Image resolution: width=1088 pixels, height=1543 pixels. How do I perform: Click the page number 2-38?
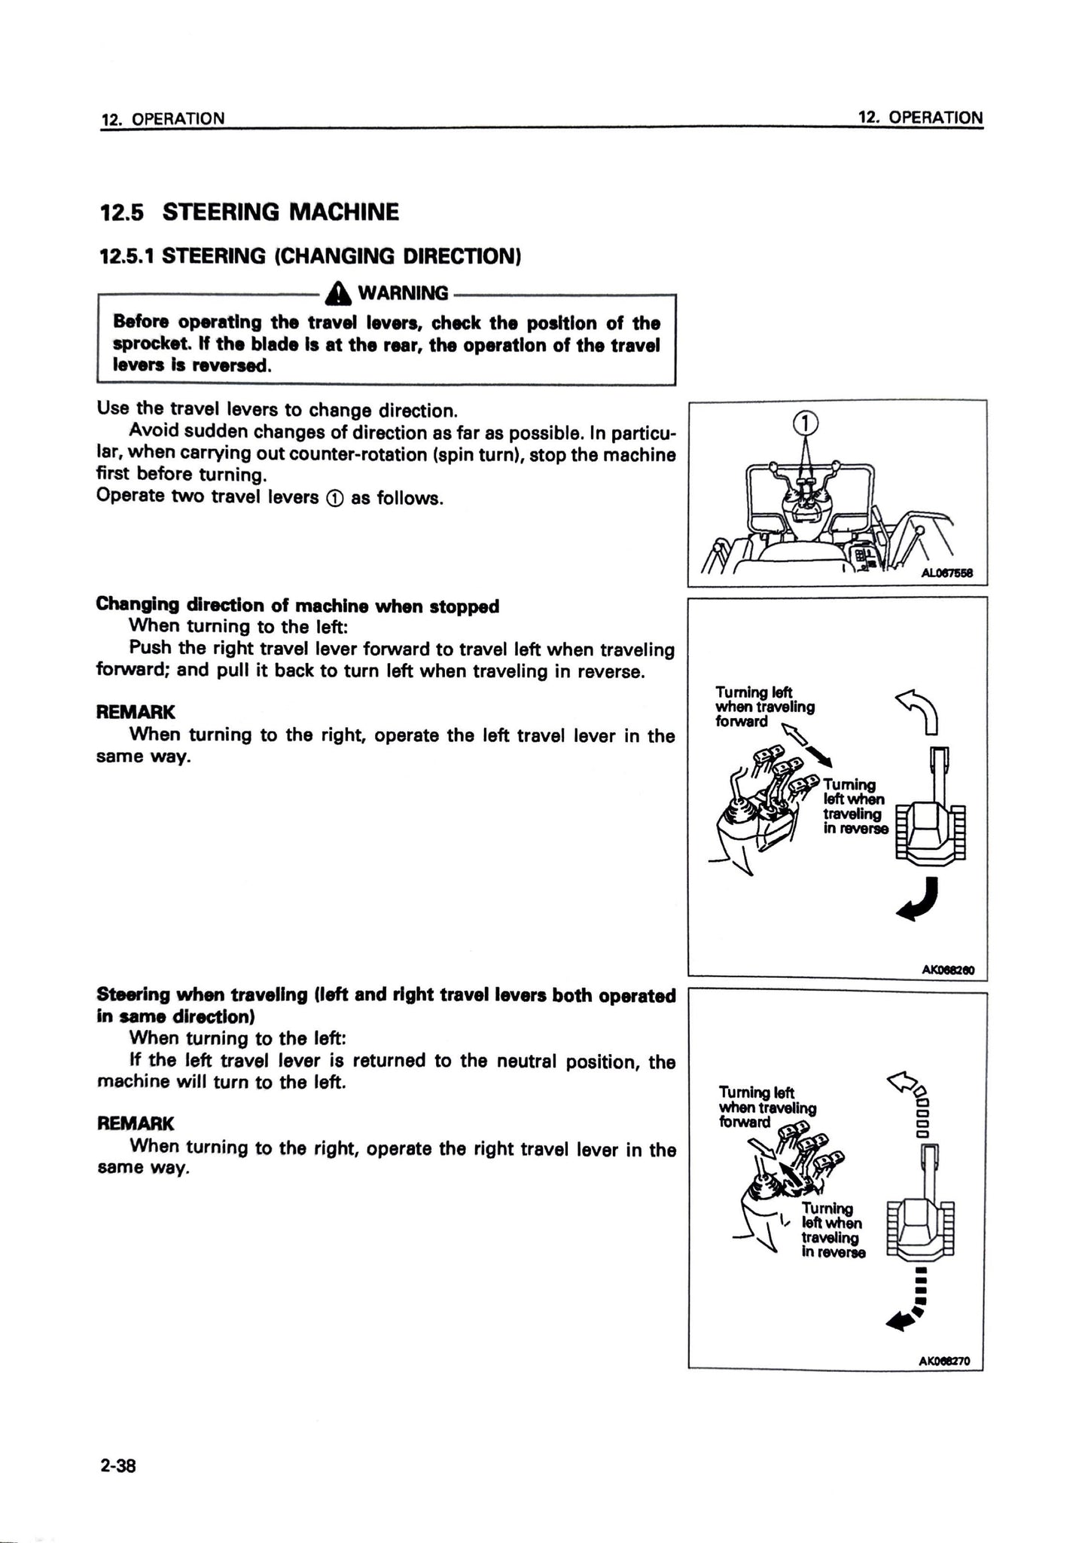116,1466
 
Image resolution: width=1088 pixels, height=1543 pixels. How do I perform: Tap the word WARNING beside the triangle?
403,293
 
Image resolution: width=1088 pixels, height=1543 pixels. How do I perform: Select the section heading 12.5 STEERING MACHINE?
249,212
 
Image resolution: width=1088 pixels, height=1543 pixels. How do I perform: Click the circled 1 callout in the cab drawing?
805,423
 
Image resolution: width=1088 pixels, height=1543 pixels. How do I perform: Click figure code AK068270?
945,1361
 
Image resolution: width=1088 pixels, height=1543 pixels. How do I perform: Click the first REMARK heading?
136,712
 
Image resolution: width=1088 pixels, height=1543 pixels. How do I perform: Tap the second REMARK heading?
136,1124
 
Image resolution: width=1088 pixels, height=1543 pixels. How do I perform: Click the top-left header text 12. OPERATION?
163,118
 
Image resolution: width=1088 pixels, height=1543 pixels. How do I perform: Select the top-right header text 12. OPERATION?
921,118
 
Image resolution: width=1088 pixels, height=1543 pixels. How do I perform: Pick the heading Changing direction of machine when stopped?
298,606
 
